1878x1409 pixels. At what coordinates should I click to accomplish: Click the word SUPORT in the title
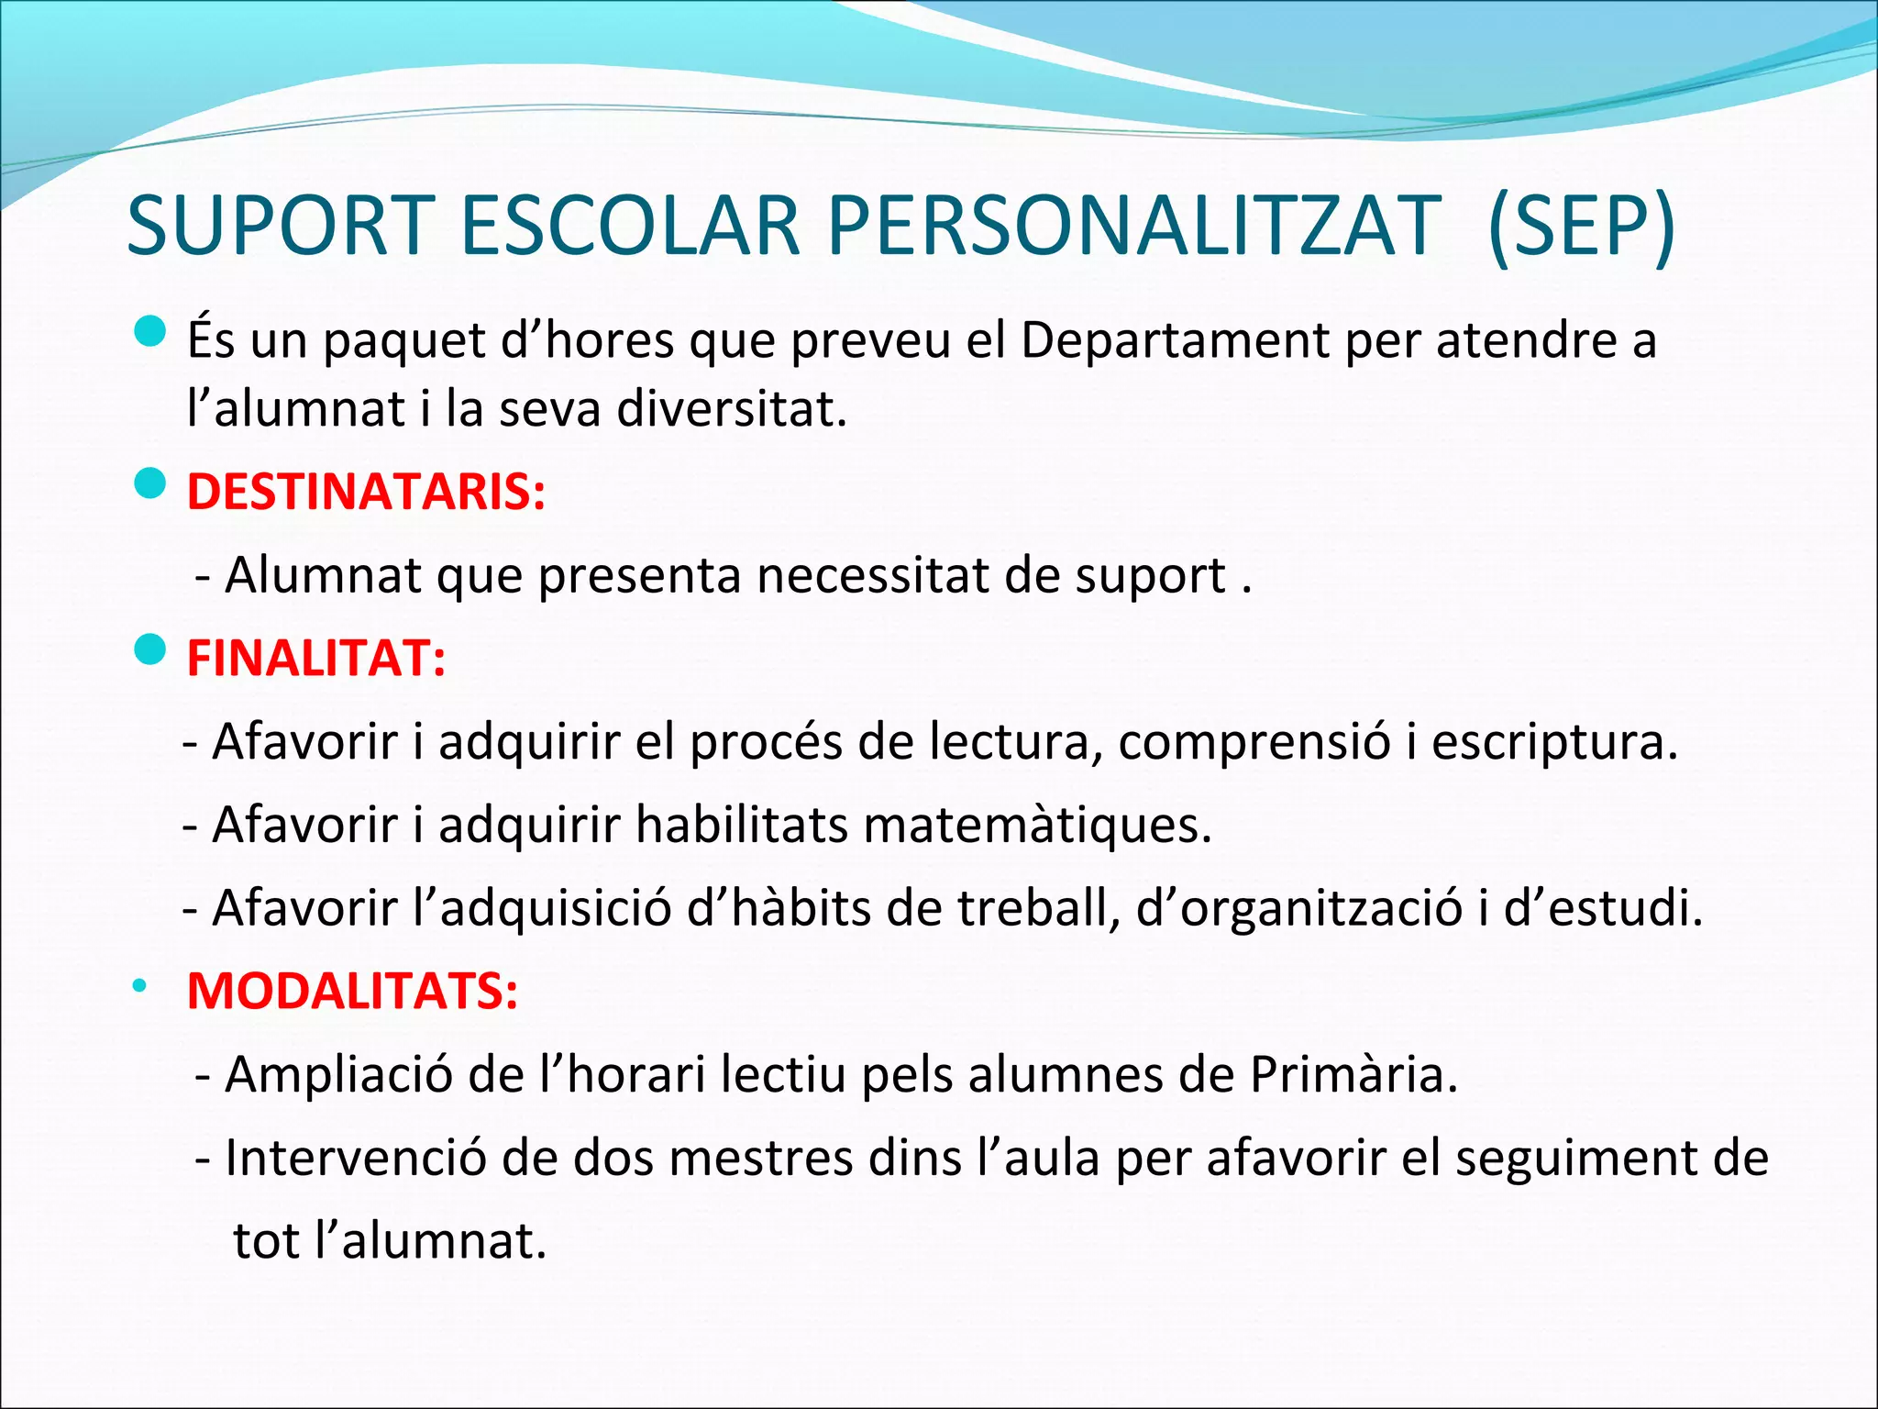[280, 226]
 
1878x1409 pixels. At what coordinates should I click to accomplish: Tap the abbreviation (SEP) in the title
[1582, 226]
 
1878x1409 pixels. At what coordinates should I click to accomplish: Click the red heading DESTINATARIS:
[366, 492]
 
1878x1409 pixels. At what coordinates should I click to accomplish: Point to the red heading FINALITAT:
[316, 658]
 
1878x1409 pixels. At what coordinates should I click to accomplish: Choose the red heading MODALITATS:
[352, 991]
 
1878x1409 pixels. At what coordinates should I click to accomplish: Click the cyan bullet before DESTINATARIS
[149, 483]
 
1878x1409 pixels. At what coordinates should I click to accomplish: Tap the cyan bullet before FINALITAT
[149, 649]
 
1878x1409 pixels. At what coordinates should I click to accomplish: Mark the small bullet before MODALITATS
[138, 987]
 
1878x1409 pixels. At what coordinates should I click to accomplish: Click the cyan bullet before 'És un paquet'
[149, 332]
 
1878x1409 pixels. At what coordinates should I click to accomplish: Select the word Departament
[1175, 341]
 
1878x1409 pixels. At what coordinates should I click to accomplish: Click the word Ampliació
[338, 1074]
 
